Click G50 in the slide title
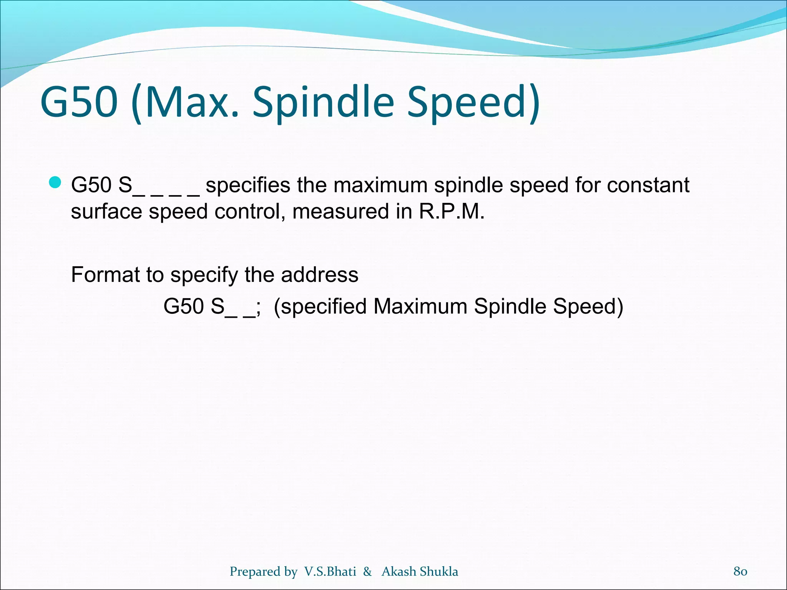(79, 102)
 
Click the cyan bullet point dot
(55, 183)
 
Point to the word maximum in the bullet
(380, 185)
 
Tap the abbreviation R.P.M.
(452, 212)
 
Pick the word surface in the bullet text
(106, 212)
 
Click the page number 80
(740, 571)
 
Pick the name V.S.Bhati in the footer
(330, 572)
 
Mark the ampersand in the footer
(367, 572)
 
